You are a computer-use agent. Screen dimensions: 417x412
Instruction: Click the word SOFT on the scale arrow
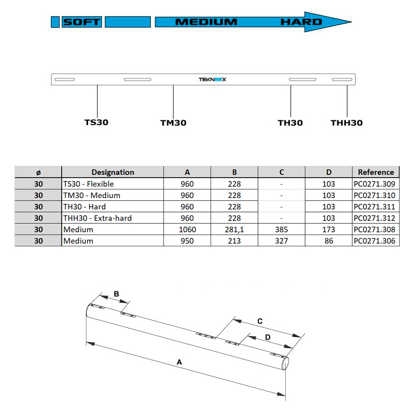tap(82, 22)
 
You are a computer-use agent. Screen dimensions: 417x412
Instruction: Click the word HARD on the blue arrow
tap(301, 22)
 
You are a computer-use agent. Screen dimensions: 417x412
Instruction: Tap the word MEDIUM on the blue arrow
tap(206, 22)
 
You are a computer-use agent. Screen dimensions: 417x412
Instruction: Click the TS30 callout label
tap(97, 122)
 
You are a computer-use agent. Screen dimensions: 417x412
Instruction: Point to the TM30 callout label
tap(174, 123)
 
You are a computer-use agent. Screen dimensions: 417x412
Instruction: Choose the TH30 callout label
tap(290, 123)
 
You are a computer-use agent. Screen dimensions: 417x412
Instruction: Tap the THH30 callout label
tap(346, 123)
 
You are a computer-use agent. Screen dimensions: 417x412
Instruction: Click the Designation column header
tap(113, 172)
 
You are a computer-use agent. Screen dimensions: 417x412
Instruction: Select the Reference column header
tap(376, 172)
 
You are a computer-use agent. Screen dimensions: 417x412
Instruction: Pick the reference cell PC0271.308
tap(376, 230)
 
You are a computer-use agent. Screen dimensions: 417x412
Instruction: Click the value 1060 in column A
tap(187, 230)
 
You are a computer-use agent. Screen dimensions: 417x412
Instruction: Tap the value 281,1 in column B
tap(234, 230)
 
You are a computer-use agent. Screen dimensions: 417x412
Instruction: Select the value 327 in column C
tap(281, 241)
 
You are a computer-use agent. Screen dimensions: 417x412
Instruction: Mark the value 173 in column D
tap(329, 230)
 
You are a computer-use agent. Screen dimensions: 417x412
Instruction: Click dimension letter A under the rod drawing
tap(180, 363)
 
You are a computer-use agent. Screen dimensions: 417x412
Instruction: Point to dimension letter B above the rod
tap(116, 294)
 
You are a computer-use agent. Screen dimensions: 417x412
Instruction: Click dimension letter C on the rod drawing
tap(260, 321)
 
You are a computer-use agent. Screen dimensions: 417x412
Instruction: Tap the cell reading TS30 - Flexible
tap(89, 184)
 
